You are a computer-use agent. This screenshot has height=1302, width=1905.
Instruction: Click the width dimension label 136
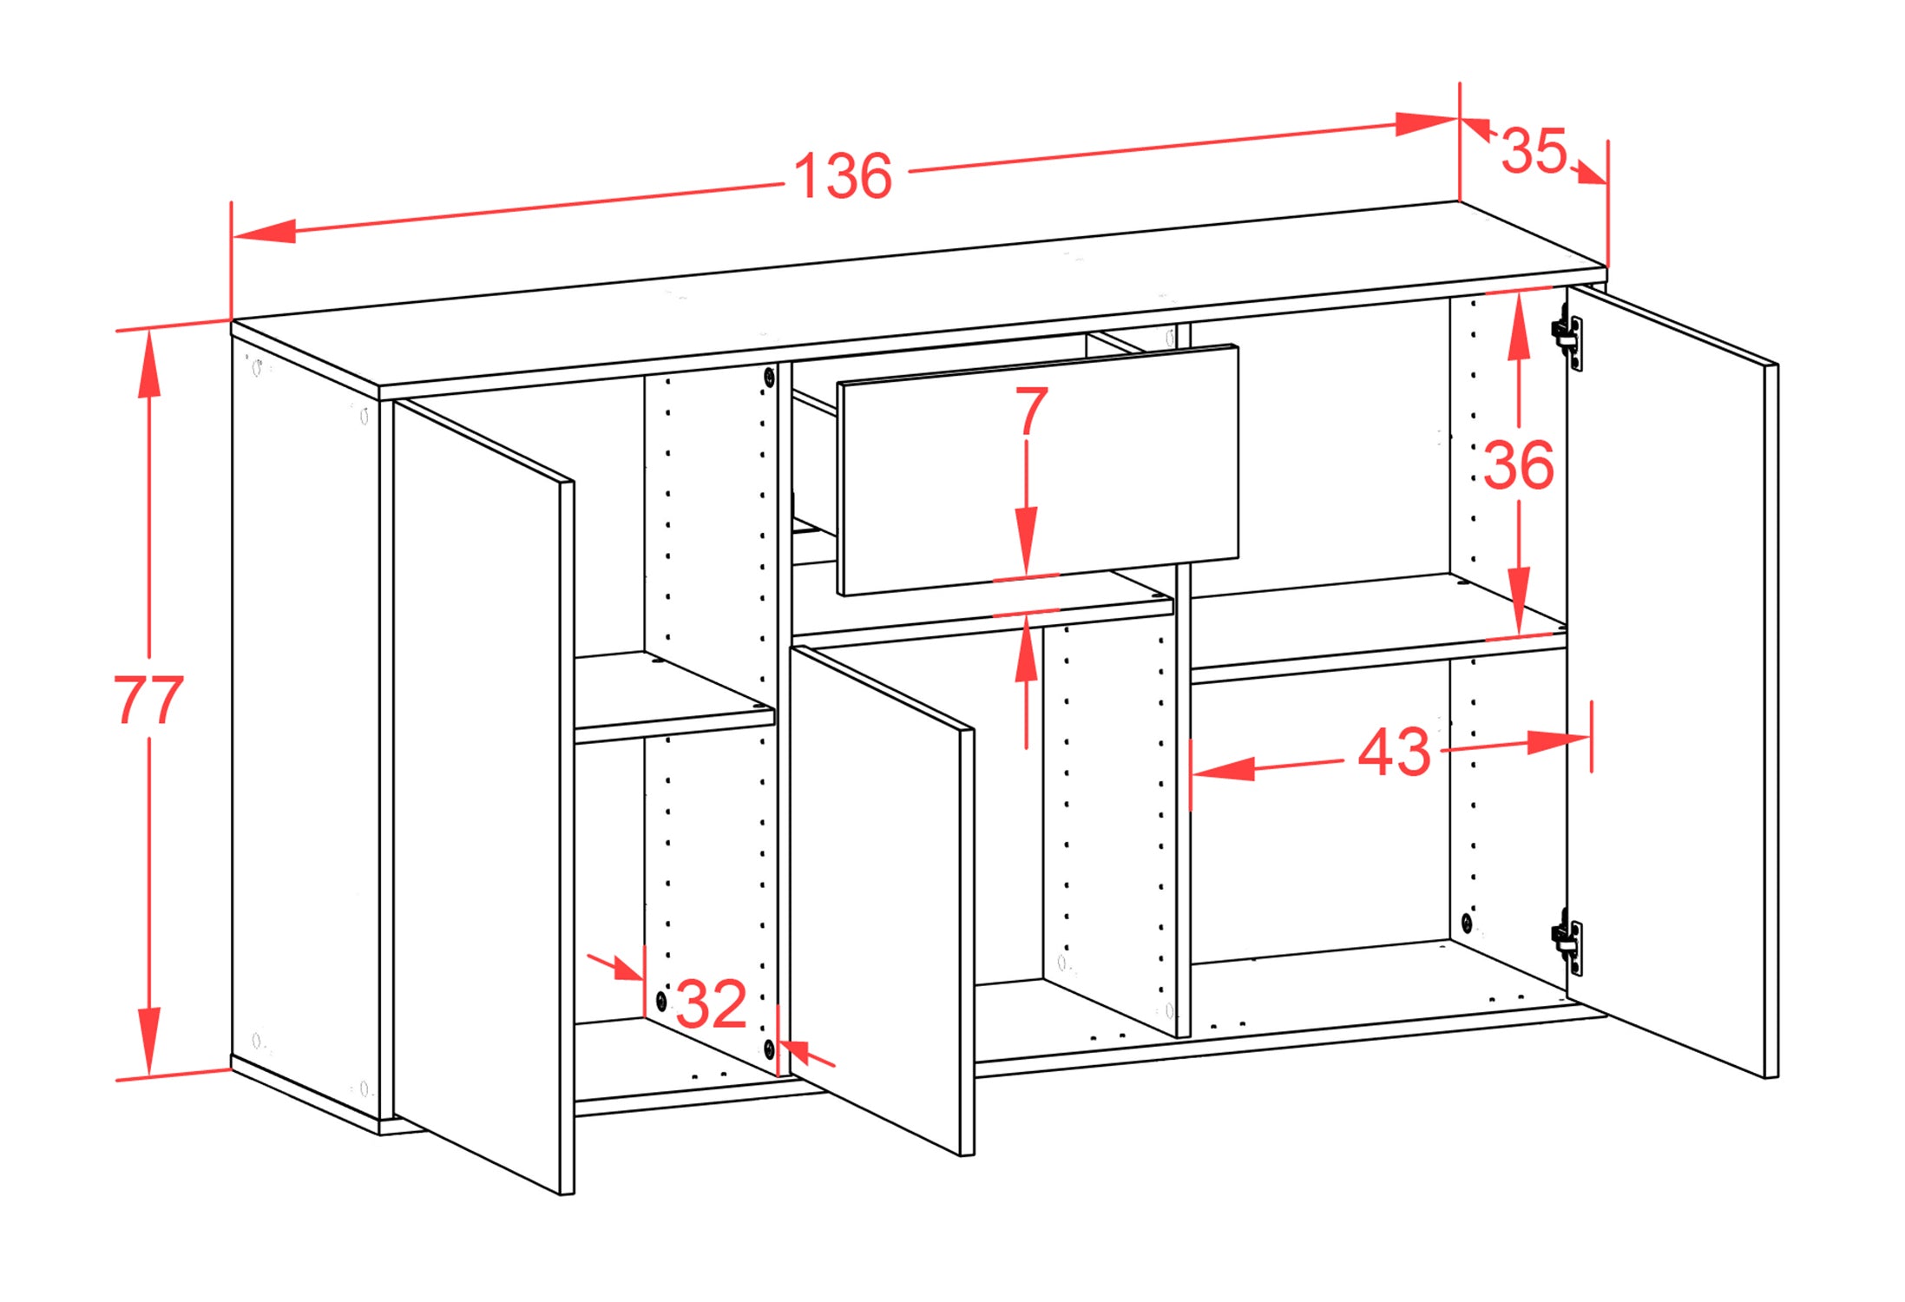tap(843, 176)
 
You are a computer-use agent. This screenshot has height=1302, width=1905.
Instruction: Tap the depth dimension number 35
tap(1534, 151)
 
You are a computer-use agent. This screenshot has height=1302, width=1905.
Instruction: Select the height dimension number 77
tap(148, 700)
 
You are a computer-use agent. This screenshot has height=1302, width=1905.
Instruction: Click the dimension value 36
tap(1518, 465)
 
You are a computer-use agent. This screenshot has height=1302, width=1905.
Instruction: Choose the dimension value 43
tap(1394, 752)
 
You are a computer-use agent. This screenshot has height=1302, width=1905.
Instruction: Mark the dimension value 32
tap(711, 1004)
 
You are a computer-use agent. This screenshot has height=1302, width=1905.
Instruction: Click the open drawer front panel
tap(1038, 470)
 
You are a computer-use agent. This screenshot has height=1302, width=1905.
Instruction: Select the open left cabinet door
tap(483, 796)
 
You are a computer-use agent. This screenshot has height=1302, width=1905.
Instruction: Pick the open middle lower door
tap(882, 899)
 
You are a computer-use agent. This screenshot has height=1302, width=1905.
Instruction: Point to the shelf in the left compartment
tap(674, 697)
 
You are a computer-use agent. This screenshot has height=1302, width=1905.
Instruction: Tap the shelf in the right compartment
tap(1378, 627)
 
